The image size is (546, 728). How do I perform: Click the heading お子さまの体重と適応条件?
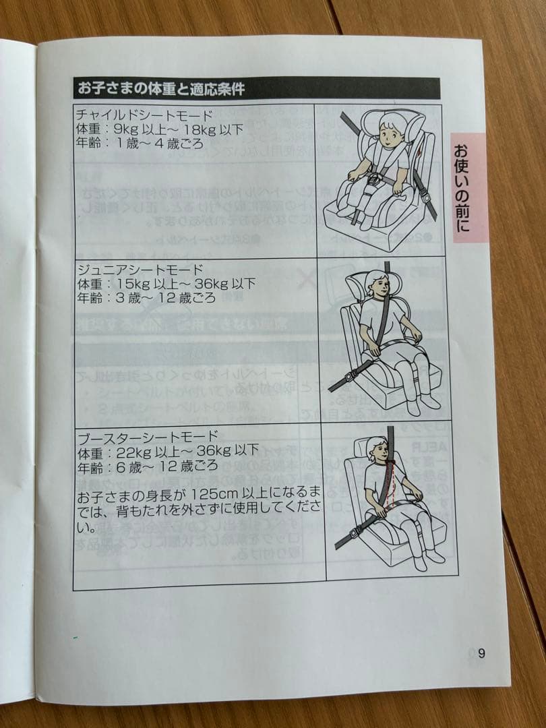160,88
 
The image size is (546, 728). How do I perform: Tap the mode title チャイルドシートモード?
144,115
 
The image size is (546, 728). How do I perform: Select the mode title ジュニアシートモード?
141,270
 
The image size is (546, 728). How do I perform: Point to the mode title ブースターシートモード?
148,437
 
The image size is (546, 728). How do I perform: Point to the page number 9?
481,653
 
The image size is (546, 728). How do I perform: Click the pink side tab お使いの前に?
468,188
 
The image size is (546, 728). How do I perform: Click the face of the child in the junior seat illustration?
379,288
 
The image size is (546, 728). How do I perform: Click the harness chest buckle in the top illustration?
373,178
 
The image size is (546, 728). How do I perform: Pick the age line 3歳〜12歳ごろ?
146,298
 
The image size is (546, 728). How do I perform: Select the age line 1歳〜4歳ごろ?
140,143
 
